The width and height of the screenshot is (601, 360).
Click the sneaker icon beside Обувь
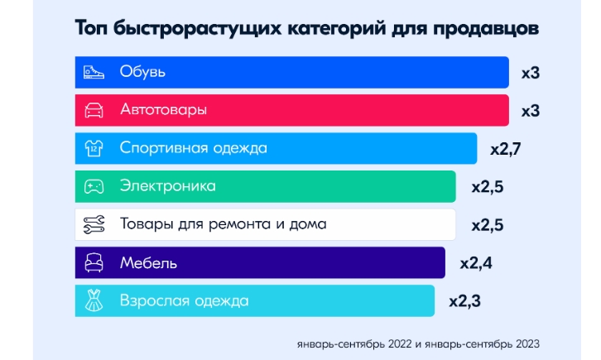coord(93,72)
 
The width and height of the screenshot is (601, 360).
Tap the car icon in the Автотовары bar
coord(93,110)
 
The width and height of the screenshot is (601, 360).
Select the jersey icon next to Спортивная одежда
coord(93,149)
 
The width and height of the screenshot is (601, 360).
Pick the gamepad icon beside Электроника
coord(93,186)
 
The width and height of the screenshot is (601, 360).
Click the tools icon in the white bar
coord(93,224)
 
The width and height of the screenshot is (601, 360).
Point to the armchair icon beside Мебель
coord(93,263)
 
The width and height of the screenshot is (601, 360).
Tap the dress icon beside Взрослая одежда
coord(93,301)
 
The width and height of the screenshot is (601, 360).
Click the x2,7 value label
coord(506,149)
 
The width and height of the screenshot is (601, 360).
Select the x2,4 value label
coord(476,263)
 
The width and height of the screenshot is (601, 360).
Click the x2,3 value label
coord(465,301)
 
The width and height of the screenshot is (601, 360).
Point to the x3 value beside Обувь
coord(531,73)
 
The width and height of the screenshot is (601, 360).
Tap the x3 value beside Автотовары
coord(531,110)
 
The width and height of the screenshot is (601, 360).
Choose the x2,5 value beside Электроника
coord(487,186)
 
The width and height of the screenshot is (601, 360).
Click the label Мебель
coord(148,263)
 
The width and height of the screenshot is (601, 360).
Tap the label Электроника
coord(168,186)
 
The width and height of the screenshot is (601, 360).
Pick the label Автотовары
coord(163,110)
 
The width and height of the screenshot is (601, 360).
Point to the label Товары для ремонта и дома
coord(223,224)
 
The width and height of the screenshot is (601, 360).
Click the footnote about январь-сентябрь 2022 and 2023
coord(420,342)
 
